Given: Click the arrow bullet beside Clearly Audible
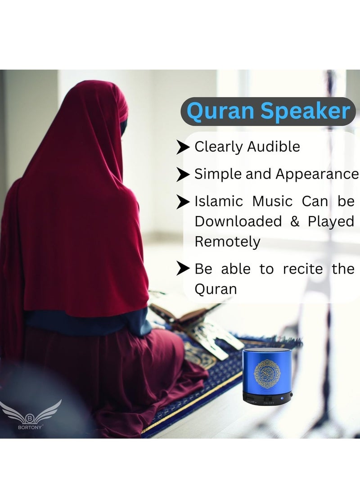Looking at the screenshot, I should coord(183,147).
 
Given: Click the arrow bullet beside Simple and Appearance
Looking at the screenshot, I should coord(183,174).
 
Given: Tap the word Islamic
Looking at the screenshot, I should coord(218,201).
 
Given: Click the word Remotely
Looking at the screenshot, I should coord(227,242).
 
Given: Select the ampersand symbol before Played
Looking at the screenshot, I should coord(295,221).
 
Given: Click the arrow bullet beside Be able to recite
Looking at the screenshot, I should coord(183,269).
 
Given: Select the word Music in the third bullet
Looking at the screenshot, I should coord(272,201).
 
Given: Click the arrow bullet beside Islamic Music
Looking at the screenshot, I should coord(183,202).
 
